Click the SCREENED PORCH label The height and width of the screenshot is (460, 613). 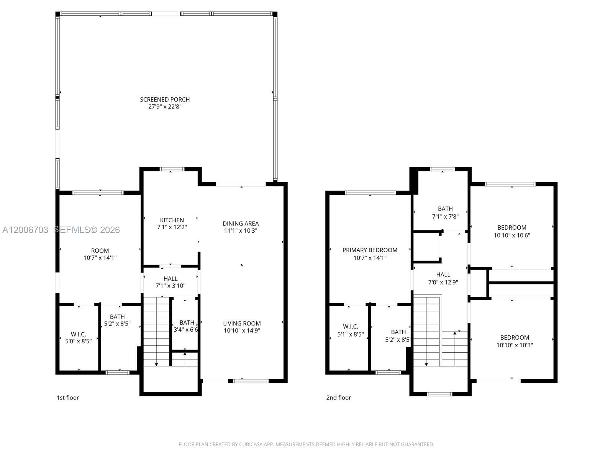click(165, 100)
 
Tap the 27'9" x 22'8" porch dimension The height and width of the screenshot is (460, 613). click(165, 107)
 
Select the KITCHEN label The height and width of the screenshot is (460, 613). click(172, 220)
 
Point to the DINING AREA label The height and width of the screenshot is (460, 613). click(241, 223)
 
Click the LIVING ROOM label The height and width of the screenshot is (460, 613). click(242, 324)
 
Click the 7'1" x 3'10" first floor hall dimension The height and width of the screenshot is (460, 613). click(170, 286)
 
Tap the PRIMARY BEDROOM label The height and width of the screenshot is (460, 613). click(370, 250)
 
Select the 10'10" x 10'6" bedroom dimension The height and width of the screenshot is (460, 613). click(511, 235)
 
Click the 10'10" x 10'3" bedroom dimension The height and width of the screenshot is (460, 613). click(515, 345)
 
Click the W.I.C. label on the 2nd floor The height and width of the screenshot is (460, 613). click(350, 327)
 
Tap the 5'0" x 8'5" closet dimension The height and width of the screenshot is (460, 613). click(78, 341)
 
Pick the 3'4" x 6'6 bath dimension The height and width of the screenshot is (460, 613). click(186, 330)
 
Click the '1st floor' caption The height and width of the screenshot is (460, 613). click(68, 398)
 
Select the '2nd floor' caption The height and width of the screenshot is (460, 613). click(338, 398)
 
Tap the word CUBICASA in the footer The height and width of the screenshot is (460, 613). click(251, 444)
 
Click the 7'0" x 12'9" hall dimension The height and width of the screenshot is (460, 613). click(443, 282)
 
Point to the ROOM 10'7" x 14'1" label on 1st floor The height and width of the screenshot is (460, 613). click(100, 254)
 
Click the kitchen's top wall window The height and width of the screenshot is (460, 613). click(172, 169)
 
